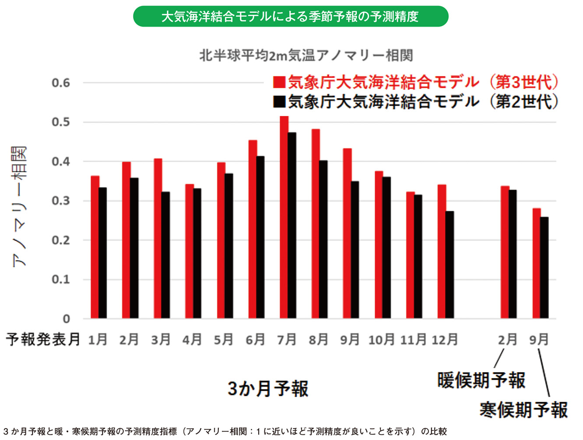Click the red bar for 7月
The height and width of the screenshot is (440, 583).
pos(284,217)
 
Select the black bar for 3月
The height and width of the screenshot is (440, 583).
pos(166,255)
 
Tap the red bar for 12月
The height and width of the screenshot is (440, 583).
pos(442,251)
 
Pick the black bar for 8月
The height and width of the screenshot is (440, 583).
pos(323,239)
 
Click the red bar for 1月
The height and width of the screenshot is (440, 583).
pos(95,247)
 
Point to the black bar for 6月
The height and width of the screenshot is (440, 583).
pos(260,237)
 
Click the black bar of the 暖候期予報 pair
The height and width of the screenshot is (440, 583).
pos(513,254)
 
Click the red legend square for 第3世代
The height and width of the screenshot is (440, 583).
pos(279,82)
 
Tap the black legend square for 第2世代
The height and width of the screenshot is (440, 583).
pos(279,102)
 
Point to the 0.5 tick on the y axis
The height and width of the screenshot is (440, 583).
pos(61,122)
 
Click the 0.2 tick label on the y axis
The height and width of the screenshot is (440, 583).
pos(61,240)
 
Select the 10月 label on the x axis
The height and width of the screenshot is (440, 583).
pos(381,340)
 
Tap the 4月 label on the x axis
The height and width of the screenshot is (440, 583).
pos(193,340)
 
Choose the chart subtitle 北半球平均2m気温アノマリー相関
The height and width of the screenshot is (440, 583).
pos(306,56)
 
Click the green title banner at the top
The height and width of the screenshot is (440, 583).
pos(291,17)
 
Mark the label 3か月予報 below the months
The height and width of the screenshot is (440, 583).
pos(268,388)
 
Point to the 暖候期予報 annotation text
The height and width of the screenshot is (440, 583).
pos(481,380)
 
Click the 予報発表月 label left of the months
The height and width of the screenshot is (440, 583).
pos(43,339)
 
